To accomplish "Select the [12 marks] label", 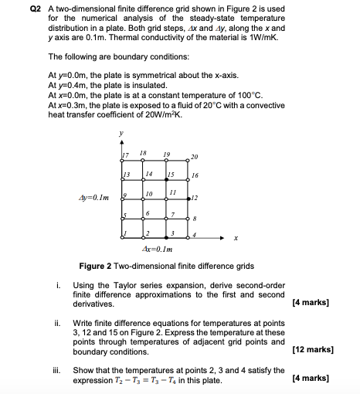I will point(312,350).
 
